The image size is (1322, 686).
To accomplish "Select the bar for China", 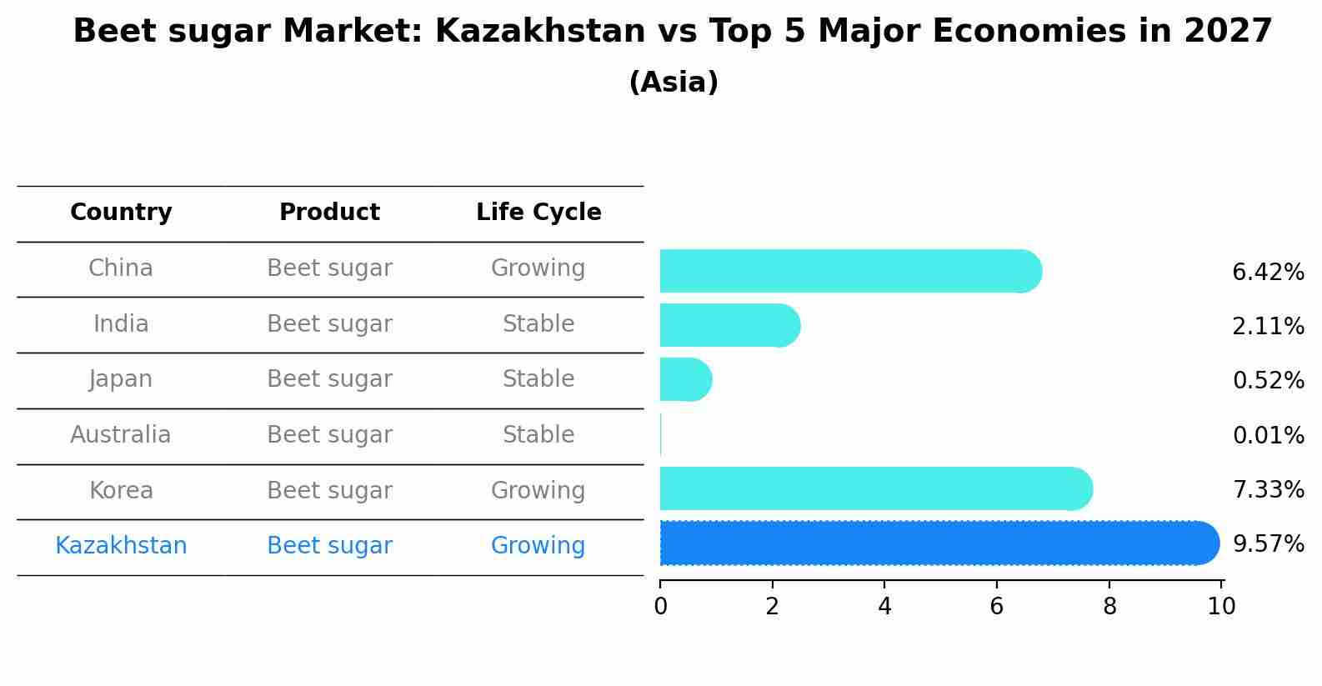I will point(850,271).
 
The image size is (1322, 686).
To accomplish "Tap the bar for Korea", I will point(875,488).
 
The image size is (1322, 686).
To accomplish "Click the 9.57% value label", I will point(1268,544).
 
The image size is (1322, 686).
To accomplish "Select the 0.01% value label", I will point(1268,435).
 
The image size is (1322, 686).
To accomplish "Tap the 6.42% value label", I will point(1268,273).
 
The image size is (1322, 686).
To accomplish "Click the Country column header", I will point(121,213).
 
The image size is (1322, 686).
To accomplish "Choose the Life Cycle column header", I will point(538,213).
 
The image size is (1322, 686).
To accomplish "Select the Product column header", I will point(329,213).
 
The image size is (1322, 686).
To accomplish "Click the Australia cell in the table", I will point(121,435).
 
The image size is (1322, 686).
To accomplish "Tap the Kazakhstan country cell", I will point(121,546).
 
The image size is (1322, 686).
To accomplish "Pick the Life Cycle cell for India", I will point(538,324).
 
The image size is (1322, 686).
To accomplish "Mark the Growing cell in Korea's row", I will point(538,491).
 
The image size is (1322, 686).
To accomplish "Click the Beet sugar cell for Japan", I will point(329,379).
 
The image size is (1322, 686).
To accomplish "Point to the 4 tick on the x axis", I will point(884,607).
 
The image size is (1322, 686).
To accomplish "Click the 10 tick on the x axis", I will point(1221,607).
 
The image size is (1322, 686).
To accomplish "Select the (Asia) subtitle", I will point(674,83).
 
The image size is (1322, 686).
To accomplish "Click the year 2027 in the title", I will point(1228,32).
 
